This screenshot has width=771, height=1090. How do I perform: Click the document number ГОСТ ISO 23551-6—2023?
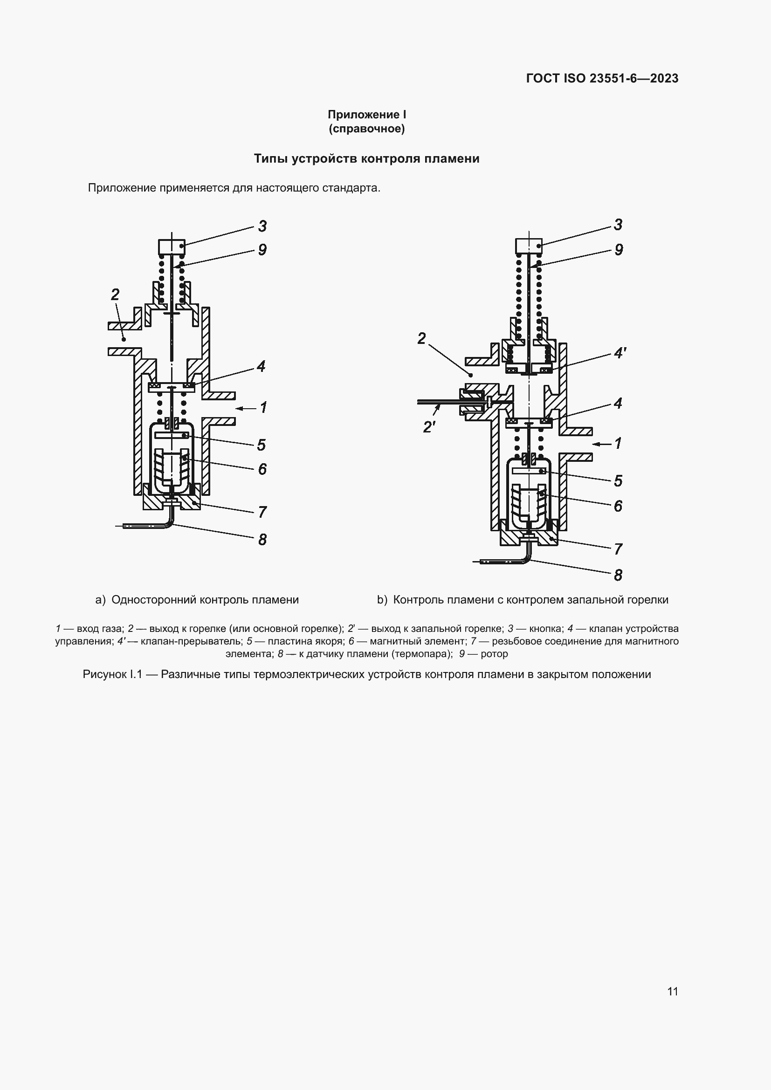(x=602, y=78)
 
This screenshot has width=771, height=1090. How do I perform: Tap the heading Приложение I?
(x=366, y=115)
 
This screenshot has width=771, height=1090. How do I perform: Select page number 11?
(x=672, y=991)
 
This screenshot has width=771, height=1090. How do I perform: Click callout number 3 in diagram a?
(x=262, y=226)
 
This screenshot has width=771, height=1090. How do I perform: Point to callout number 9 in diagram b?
(x=619, y=250)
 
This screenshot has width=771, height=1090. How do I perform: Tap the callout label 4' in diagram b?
(x=620, y=353)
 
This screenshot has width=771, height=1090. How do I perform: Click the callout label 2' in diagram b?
(x=429, y=427)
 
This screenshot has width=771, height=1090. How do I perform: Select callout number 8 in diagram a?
(x=262, y=539)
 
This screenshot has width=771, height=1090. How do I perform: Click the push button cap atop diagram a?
(x=171, y=247)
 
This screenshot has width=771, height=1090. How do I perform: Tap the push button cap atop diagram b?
(x=529, y=246)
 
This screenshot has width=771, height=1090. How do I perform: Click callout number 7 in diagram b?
(x=618, y=549)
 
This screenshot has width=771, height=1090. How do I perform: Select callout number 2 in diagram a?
(x=115, y=295)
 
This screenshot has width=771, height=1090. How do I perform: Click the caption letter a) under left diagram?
(x=100, y=600)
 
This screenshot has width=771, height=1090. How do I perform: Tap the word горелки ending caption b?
(x=648, y=600)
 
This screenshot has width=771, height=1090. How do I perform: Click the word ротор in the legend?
(x=494, y=654)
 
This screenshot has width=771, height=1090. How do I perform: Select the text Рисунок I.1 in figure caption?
(x=112, y=675)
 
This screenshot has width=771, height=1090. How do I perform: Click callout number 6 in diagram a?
(x=262, y=469)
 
